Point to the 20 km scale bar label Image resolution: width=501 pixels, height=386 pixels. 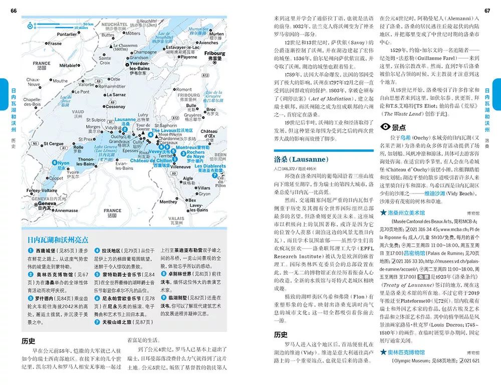click(88, 23)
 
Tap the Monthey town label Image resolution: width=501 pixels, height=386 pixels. click(168, 202)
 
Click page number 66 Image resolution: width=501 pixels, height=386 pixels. click(14, 11)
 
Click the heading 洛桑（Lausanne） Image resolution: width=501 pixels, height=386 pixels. click(301, 159)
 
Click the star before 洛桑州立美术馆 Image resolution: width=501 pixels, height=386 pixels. click(383, 213)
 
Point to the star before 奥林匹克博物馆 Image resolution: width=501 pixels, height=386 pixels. click(383, 352)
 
